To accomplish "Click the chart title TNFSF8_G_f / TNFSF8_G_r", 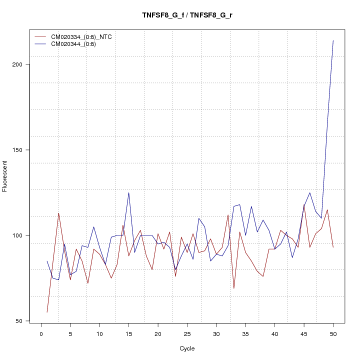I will (x=187, y=15).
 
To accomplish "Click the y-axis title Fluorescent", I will (x=5, y=176).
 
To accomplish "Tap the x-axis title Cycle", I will (x=187, y=348).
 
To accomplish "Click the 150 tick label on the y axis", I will (x=18, y=150).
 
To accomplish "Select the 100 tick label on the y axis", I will (x=18, y=235).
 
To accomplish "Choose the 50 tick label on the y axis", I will (x=20, y=321).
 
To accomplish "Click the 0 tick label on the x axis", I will (x=41, y=334).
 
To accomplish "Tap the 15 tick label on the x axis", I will (x=129, y=334).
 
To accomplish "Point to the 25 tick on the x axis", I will (x=187, y=334).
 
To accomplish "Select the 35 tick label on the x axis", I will (x=245, y=334).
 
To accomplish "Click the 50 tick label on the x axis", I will (x=333, y=334).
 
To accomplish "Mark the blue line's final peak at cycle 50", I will (x=333, y=40).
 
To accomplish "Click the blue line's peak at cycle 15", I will (x=129, y=192).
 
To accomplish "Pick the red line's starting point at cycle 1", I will (x=47, y=312).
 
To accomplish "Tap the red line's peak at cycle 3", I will (x=58, y=213).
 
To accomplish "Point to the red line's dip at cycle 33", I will (x=234, y=288).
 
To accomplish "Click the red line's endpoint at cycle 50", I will (x=333, y=247).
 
